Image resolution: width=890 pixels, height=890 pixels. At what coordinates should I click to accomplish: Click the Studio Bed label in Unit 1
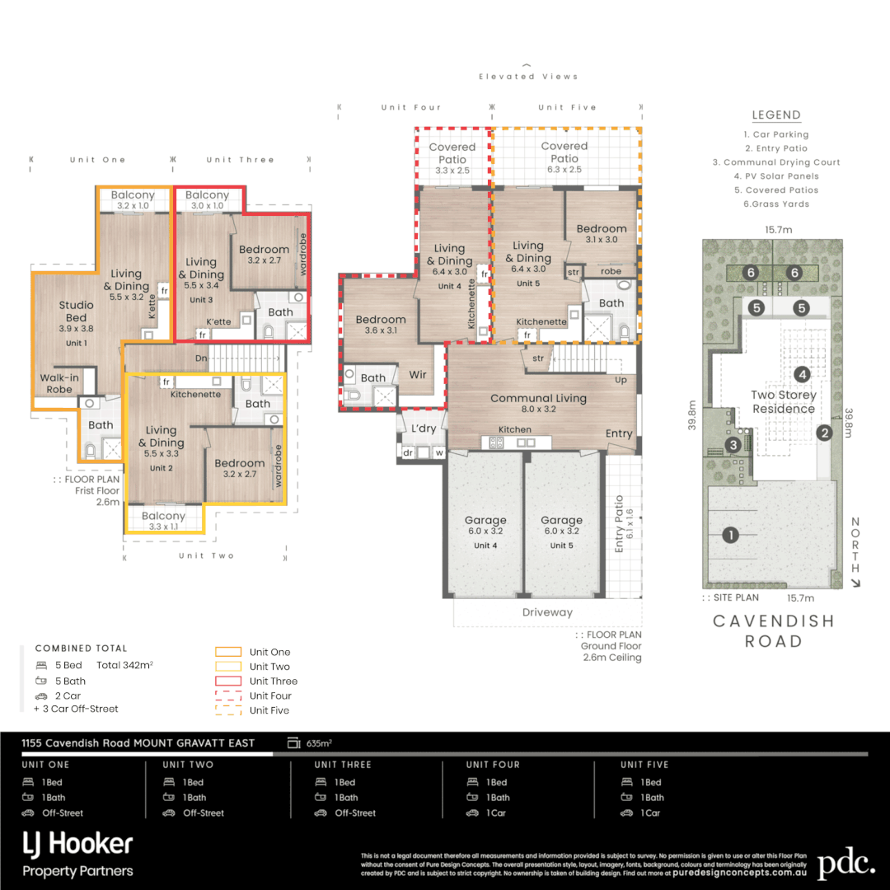tap(76, 311)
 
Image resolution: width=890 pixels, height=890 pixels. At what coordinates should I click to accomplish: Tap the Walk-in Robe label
tap(59, 383)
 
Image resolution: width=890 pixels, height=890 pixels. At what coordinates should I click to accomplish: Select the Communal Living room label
tap(538, 398)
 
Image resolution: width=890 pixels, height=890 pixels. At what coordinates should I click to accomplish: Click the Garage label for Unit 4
tap(485, 521)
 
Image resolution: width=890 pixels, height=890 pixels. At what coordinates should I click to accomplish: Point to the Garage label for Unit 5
tap(561, 521)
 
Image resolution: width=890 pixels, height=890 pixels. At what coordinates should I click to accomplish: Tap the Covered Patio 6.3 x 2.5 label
tap(564, 152)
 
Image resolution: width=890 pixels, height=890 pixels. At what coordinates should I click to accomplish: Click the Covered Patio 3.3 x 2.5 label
tap(452, 153)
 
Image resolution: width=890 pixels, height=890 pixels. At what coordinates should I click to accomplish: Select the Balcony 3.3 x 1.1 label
tap(163, 517)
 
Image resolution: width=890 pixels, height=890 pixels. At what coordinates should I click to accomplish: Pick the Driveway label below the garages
tap(547, 612)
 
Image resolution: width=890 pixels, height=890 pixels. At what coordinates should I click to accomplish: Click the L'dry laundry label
tap(424, 429)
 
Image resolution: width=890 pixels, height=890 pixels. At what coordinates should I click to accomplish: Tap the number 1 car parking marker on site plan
tap(730, 535)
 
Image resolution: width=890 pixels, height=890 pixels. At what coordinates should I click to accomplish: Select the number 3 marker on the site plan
tap(733, 445)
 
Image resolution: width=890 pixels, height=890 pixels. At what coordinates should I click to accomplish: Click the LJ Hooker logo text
tap(77, 844)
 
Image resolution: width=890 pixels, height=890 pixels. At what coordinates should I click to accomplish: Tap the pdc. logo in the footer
tap(845, 863)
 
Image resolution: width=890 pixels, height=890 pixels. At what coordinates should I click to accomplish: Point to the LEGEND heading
tap(776, 115)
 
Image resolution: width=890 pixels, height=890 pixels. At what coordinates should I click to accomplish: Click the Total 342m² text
tap(125, 664)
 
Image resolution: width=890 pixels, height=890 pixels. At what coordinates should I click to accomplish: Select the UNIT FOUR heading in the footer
tap(493, 765)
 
